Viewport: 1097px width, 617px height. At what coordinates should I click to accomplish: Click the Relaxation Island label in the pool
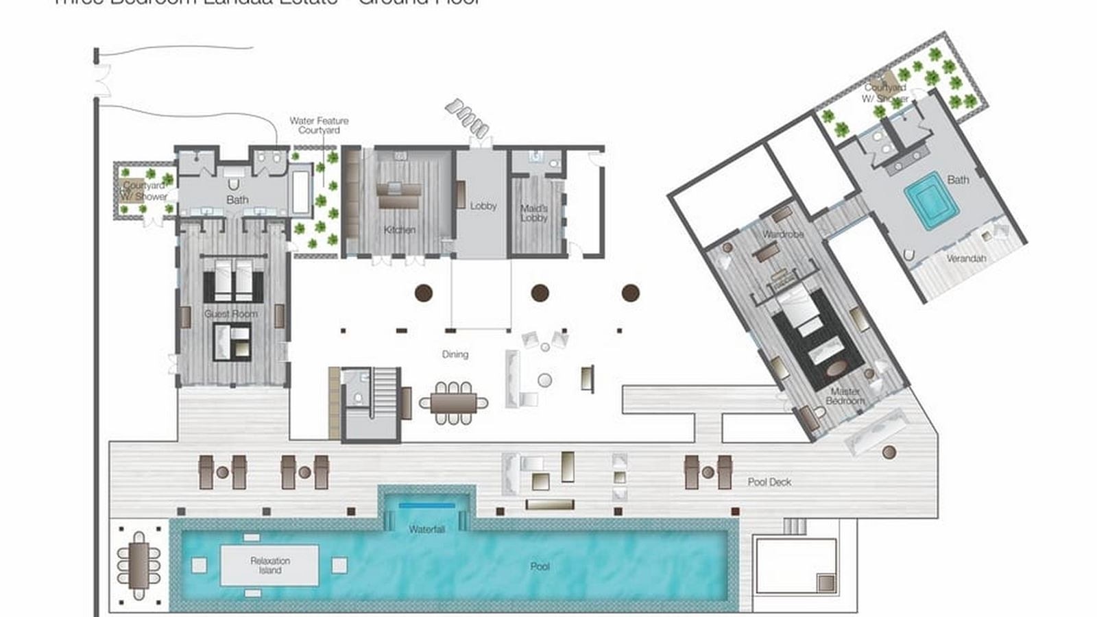coord(269,566)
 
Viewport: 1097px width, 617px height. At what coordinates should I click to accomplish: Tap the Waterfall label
coord(426,529)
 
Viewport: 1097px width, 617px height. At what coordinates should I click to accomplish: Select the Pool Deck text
coord(769,482)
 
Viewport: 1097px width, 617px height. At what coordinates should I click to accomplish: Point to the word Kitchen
coord(399,230)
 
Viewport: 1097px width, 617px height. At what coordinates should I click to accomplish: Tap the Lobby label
coord(483,206)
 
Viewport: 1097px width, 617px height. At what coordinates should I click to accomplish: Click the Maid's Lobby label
coord(533,213)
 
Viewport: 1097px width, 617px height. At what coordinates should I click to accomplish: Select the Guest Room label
coord(231,314)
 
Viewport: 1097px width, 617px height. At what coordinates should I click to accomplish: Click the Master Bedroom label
coord(845,396)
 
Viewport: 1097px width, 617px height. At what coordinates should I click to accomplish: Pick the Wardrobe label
coord(783,234)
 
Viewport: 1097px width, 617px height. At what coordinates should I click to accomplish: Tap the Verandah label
coord(966,258)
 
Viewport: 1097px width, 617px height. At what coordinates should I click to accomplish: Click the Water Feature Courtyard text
coord(319,125)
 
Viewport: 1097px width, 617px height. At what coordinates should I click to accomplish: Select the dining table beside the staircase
coord(453,402)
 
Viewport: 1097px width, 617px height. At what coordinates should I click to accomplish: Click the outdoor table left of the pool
coord(139,566)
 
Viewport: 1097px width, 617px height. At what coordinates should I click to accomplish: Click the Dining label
coord(455,354)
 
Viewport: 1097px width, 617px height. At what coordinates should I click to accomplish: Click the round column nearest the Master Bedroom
coord(630,293)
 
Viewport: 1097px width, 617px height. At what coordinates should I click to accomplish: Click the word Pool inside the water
coord(540,567)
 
